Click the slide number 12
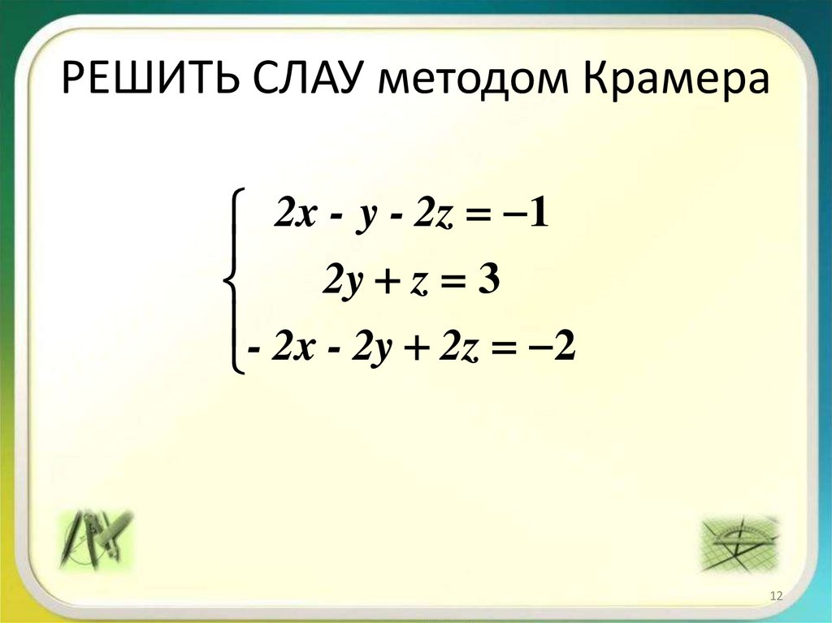(775, 598)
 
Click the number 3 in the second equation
(487, 282)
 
